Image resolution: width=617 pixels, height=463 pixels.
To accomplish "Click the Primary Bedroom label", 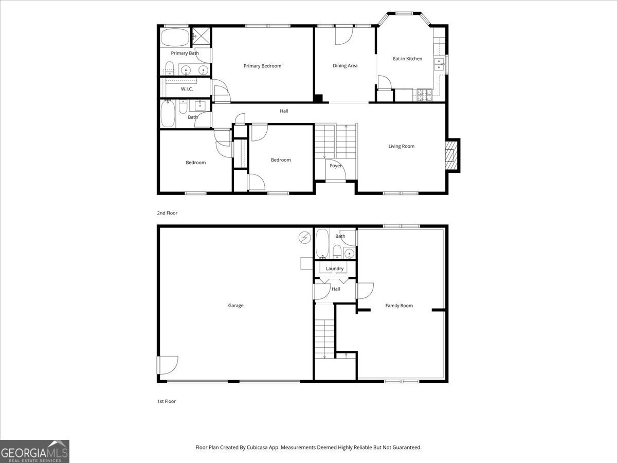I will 262,66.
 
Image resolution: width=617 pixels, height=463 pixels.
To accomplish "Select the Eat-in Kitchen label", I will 407,59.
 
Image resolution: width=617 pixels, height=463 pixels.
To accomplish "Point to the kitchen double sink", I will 440,64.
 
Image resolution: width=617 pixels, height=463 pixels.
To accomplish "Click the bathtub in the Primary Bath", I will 175,38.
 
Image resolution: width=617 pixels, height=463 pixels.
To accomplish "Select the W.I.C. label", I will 187,89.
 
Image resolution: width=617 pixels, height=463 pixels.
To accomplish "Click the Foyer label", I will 336,166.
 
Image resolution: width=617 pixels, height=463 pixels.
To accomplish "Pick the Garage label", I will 236,306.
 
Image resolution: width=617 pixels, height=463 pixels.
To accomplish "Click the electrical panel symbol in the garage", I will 305,237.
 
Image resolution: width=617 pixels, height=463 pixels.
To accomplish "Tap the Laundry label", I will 335,269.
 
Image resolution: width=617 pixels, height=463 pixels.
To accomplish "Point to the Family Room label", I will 399,306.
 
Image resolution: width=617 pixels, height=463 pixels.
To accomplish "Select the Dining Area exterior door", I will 343,35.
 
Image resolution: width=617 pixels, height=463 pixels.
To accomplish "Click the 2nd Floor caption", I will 167,213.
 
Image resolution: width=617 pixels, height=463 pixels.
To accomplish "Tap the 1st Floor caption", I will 167,401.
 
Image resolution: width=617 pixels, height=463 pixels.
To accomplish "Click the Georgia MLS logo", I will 34,451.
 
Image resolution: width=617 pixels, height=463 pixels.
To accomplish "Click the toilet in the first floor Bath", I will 336,252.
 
